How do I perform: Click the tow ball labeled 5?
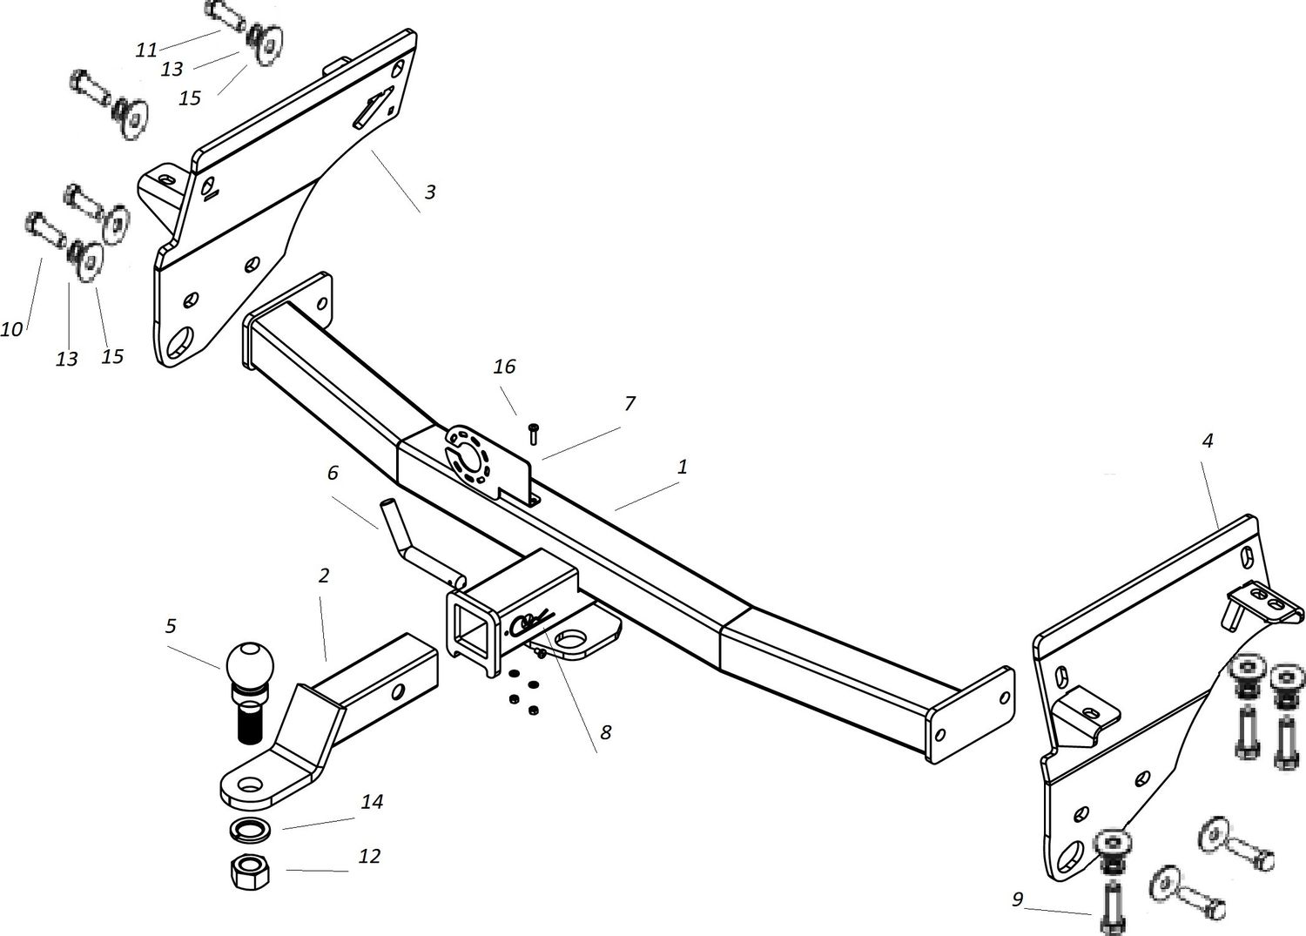[x=250, y=664]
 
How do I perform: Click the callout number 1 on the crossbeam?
[x=683, y=467]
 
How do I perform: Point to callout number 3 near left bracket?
[x=429, y=192]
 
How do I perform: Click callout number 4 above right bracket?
[x=1207, y=441]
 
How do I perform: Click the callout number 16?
[x=504, y=367]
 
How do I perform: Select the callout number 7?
[x=629, y=403]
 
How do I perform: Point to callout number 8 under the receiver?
[x=604, y=732]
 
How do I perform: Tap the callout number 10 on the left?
[x=11, y=329]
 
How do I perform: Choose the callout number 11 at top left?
[x=146, y=51]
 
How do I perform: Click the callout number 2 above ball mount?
[x=323, y=576]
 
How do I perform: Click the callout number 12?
[x=369, y=856]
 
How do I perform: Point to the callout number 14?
[x=371, y=801]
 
